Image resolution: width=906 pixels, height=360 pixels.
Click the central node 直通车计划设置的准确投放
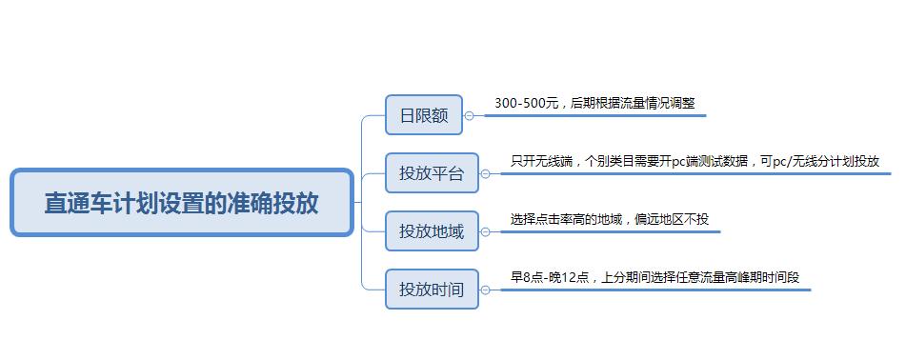coord(181,203)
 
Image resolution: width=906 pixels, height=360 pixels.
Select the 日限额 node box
coord(423,115)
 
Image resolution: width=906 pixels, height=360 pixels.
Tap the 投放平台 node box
coord(431,173)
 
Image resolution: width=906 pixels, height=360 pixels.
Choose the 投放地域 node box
coord(431,231)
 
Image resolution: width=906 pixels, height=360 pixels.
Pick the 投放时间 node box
coord(431,289)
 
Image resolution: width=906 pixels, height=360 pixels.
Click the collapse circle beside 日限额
coord(469,116)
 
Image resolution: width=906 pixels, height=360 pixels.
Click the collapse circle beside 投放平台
coord(485,174)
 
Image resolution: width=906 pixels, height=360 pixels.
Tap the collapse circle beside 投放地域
coord(485,231)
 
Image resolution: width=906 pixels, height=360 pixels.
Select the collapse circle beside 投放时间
coord(485,290)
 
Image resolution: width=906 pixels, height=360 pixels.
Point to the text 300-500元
coord(526,103)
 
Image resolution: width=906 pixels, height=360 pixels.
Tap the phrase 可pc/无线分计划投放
coord(819,161)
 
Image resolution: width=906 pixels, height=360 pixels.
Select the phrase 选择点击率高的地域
coord(566,219)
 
